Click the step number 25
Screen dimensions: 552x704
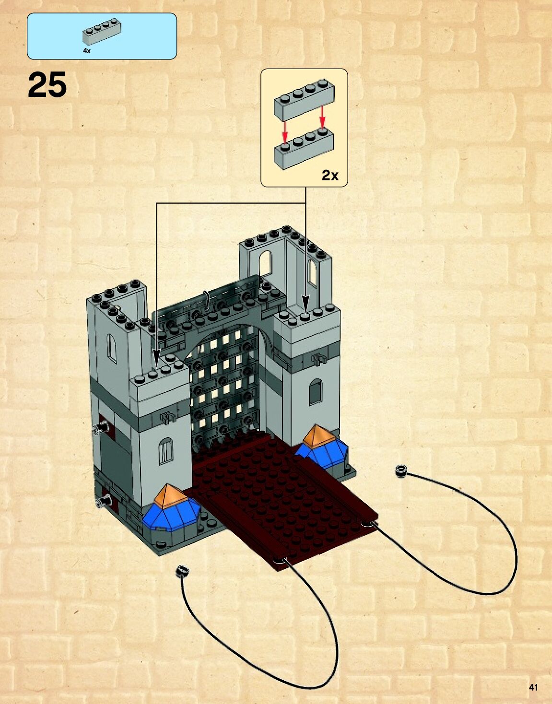pos(47,85)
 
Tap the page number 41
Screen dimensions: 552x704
pos(533,687)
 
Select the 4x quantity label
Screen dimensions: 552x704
pos(86,50)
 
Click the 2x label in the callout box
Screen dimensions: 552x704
pos(330,176)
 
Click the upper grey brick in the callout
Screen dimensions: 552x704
pos(304,102)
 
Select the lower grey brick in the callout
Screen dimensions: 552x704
pos(304,150)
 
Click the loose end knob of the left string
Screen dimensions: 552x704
pos(183,571)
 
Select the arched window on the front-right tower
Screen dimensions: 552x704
pos(315,392)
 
